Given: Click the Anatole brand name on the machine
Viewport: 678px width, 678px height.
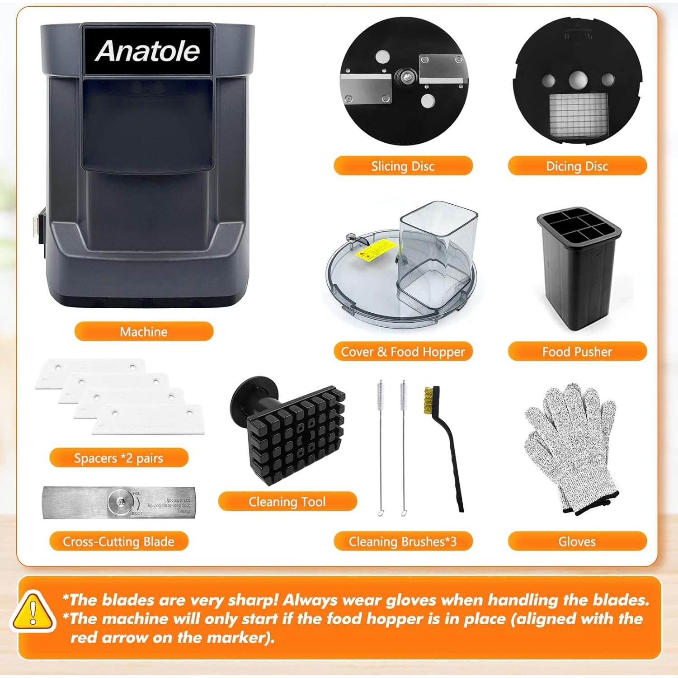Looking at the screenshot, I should coord(147,51).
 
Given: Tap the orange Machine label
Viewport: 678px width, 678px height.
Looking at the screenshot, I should coord(144,332).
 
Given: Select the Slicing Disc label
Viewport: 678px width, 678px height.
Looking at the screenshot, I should coord(403,166).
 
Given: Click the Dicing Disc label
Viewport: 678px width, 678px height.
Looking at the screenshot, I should coord(577,166).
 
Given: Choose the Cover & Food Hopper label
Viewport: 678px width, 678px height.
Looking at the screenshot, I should coord(403,352).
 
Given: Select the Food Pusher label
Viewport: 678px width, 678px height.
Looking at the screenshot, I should coord(577,352).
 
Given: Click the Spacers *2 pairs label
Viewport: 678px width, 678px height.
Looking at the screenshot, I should coord(118,458).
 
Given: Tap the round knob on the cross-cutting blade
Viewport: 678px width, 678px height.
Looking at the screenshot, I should coord(121,502).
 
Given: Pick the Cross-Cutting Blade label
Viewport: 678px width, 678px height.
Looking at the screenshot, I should coord(118,541).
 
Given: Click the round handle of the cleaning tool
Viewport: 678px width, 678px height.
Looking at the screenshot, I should coord(253,398).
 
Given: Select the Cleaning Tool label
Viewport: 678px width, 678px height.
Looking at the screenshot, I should coord(287,502).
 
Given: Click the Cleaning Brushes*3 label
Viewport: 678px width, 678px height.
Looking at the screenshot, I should coord(403,541).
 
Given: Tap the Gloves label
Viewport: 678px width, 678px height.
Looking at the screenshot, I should coord(577,541).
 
